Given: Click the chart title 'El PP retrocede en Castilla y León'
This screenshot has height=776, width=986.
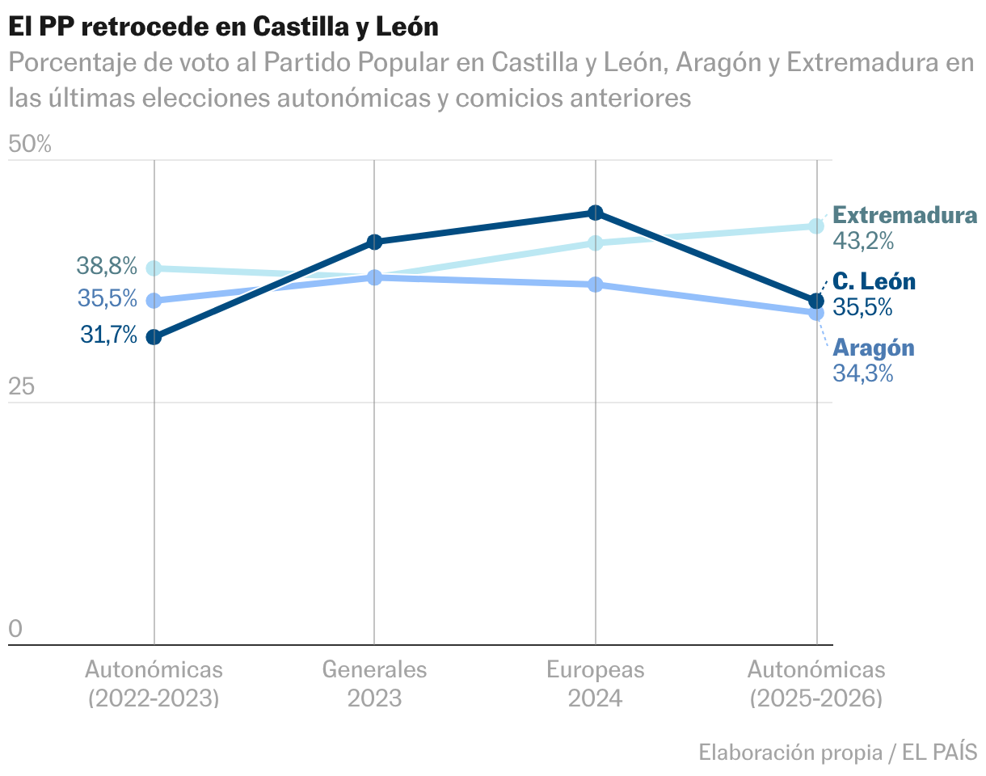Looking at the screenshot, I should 223,27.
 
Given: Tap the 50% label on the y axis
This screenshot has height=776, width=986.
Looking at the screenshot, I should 30,145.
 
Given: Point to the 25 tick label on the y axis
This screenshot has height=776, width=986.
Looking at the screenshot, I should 22,387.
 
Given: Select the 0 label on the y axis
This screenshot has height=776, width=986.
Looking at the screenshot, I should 15,629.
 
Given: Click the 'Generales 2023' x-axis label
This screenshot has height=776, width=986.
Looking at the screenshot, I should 374,683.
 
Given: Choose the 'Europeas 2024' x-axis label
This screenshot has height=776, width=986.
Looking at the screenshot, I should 595,683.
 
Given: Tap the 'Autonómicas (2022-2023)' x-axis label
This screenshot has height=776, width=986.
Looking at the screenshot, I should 154,683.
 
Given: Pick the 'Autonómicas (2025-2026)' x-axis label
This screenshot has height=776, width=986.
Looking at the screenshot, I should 816,683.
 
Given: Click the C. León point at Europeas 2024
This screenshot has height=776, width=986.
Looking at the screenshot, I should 596,213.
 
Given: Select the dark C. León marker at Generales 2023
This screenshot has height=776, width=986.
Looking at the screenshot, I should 374,242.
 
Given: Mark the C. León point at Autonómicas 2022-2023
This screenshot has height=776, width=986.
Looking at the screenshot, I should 154,337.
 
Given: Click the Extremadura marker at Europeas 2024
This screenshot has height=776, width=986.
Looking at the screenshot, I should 596,242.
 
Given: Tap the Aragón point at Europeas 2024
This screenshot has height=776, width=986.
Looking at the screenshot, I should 596,285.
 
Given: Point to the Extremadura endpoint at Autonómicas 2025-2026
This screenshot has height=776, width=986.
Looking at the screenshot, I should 816,226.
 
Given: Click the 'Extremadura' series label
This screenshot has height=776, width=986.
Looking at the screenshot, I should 904,216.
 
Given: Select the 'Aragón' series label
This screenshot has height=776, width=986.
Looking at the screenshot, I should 874,348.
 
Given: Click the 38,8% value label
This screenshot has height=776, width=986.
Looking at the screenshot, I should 107,265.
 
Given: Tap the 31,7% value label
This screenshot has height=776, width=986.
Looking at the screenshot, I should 109,335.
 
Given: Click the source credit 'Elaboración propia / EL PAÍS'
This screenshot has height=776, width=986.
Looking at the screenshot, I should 837,752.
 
